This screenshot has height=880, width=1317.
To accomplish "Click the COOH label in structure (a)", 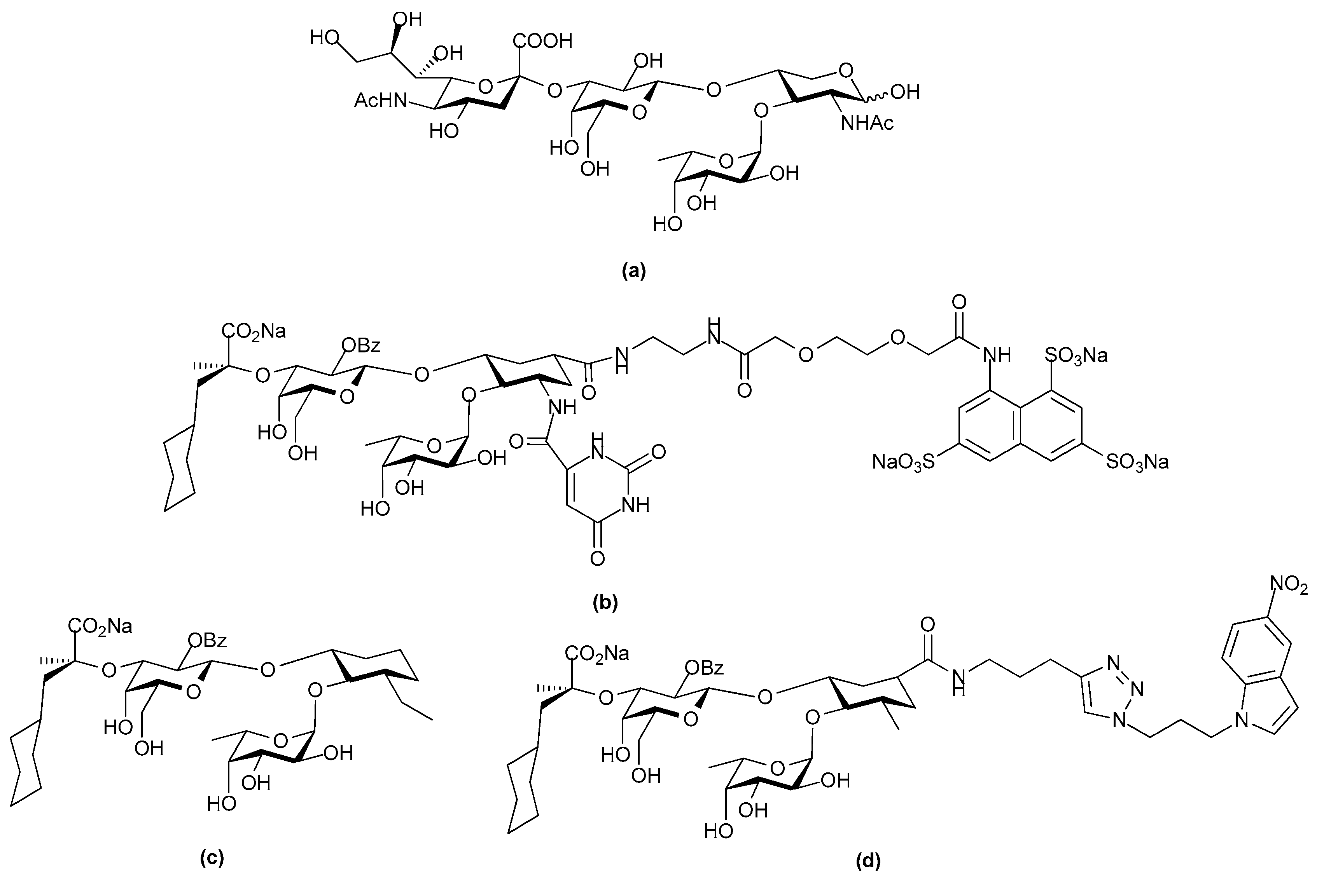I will point(542,41).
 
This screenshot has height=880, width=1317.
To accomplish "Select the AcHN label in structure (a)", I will point(380,101).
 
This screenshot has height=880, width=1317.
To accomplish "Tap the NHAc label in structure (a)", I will point(867,123).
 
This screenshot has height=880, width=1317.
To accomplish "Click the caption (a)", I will point(634,272).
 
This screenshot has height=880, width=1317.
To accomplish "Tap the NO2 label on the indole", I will point(1289,586).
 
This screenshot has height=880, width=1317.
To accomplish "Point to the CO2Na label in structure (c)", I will point(101,626).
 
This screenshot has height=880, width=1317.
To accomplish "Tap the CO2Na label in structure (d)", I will point(597,653).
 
